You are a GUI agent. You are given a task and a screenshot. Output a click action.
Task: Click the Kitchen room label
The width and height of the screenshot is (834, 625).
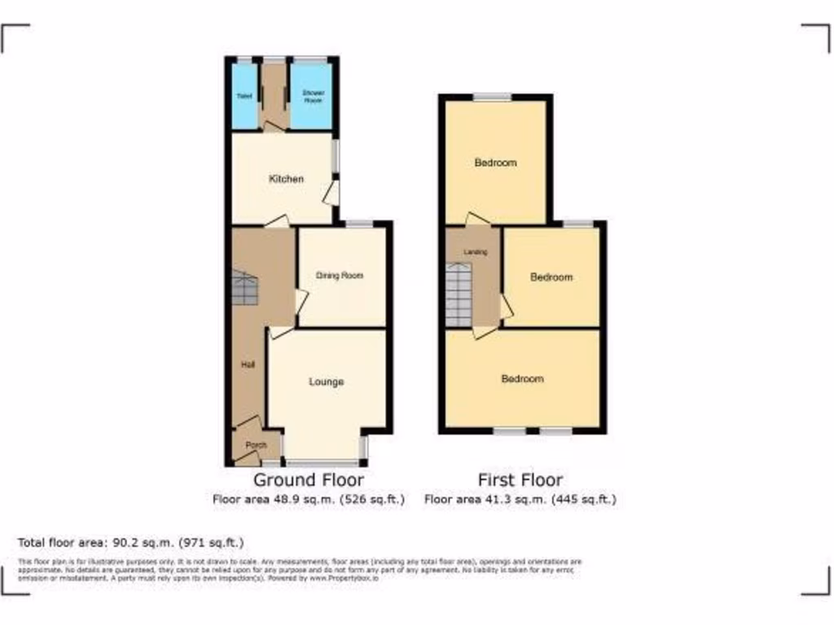tap(286, 179)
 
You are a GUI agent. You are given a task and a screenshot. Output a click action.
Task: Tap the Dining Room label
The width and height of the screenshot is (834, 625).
tap(340, 276)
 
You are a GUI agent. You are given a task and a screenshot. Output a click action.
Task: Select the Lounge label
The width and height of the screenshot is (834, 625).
tap(326, 382)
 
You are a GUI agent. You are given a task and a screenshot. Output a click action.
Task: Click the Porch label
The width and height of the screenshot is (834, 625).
tap(256, 444)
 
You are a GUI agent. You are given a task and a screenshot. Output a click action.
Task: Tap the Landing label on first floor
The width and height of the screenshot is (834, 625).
tap(476, 252)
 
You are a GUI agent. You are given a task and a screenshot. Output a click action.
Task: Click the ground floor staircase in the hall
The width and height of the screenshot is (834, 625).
tap(245, 289)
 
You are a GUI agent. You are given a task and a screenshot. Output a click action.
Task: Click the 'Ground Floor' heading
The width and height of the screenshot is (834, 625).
tap(309, 480)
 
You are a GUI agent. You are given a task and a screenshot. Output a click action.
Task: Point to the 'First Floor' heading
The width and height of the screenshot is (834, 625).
tap(520, 480)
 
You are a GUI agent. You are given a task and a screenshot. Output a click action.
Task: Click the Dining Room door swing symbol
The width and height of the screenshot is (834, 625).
tap(301, 303)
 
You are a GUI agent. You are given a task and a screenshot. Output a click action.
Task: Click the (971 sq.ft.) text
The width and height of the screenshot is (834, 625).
tap(214, 542)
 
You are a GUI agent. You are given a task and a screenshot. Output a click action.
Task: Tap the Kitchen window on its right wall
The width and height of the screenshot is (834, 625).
tap(336, 157)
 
